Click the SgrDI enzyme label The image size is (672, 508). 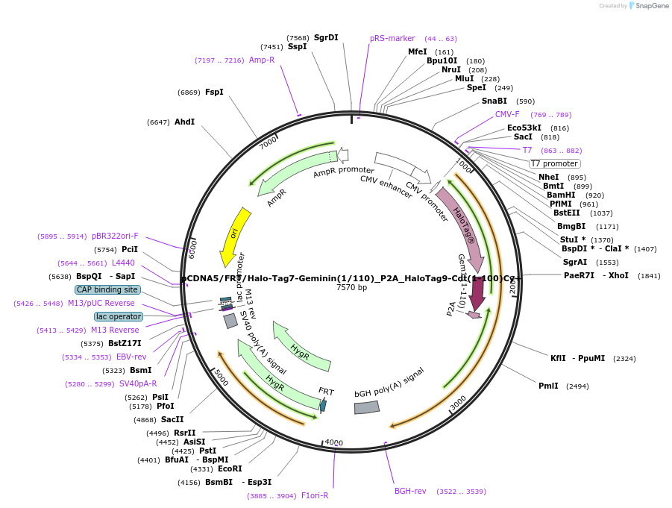326,37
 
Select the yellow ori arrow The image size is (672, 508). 234,236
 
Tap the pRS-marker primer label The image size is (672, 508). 392,38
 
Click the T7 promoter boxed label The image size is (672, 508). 554,163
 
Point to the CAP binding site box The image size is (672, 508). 107,289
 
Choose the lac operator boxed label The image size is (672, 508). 118,316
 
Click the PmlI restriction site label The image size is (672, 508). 548,386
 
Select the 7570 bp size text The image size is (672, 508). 351,288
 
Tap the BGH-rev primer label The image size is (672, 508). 410,491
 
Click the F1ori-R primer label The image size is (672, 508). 314,495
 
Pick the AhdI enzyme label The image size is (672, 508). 184,122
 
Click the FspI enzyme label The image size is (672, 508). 214,92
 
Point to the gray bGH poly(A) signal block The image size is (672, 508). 367,407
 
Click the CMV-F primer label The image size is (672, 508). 507,114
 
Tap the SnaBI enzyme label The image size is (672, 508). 494,101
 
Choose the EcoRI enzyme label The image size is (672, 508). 230,468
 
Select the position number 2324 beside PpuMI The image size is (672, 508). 624,359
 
